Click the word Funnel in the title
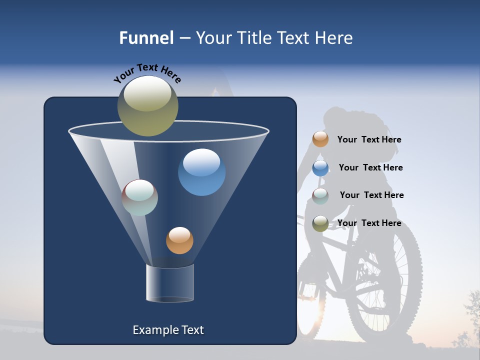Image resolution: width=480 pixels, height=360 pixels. click(x=146, y=38)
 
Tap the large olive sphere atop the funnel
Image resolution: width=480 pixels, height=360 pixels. click(x=147, y=105)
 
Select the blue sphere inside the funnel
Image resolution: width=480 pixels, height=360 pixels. click(x=201, y=172)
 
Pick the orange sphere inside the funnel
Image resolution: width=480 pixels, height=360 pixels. click(x=179, y=240)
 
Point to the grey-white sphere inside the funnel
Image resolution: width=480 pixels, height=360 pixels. click(x=140, y=197)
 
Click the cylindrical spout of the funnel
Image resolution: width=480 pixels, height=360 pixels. click(x=170, y=283)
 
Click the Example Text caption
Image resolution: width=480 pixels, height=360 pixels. click(x=168, y=330)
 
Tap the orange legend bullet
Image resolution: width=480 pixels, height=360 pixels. click(x=320, y=139)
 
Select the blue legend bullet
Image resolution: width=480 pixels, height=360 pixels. click(x=320, y=168)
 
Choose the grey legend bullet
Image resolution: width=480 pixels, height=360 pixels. click(x=320, y=196)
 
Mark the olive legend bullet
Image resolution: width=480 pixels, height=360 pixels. click(x=320, y=223)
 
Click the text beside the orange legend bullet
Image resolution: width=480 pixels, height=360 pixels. click(x=369, y=140)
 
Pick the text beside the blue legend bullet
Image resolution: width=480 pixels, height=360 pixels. click(x=370, y=168)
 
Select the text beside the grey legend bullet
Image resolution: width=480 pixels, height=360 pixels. click(x=371, y=195)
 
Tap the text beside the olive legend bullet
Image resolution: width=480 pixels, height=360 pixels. click(x=369, y=223)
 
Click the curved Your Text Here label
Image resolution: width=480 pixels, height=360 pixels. click(x=147, y=72)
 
